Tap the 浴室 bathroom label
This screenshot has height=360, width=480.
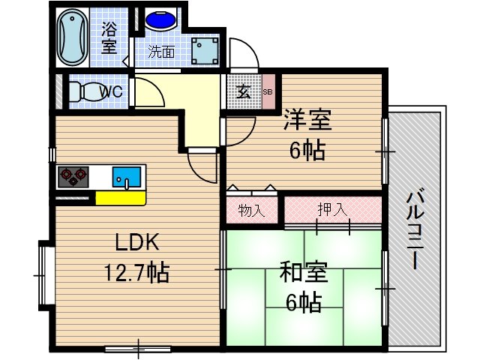click(109, 37)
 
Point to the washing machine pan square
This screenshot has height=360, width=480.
click(204, 50)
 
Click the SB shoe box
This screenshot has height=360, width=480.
click(268, 92)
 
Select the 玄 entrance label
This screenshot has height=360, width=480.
click(244, 92)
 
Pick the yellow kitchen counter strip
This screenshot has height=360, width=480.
click(119, 198)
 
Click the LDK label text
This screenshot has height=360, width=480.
click(137, 243)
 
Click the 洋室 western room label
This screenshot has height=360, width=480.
click(307, 120)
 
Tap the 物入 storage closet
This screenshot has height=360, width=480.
click(252, 210)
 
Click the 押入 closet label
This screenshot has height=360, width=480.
click(331, 210)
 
